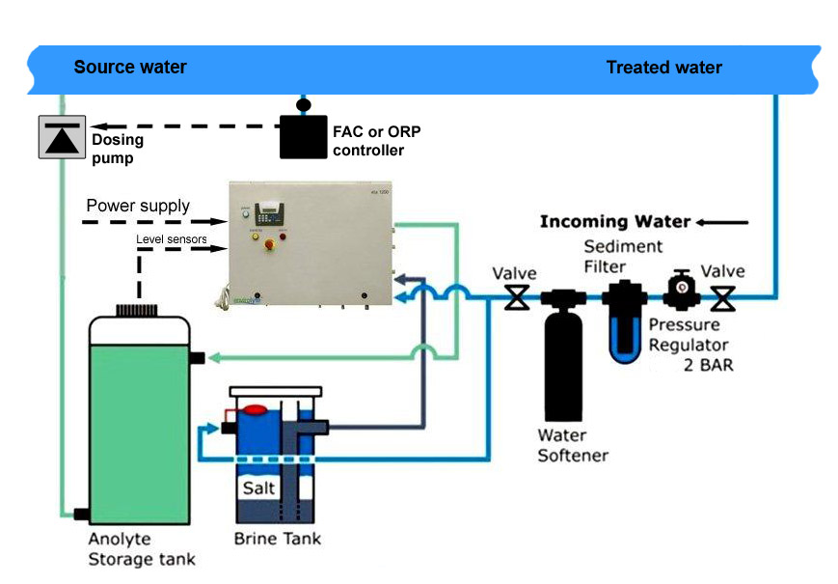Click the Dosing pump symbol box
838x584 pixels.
point(61,136)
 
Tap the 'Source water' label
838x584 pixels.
point(130,68)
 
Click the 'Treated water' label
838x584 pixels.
point(663,68)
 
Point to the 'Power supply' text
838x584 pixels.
point(138,206)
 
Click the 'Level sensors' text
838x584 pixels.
point(171,238)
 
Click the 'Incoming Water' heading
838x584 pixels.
point(614,222)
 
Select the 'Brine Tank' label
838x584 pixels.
point(278,538)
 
